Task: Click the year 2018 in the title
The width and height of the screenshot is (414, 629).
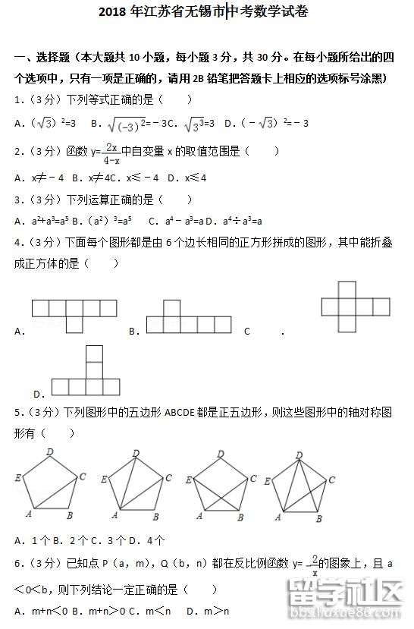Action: point(114,13)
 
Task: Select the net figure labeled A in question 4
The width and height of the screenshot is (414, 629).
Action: point(74,312)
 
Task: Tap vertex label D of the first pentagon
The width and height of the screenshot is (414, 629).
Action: point(49,451)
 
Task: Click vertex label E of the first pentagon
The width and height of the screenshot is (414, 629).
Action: point(17,477)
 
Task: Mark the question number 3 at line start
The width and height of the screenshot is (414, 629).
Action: point(17,200)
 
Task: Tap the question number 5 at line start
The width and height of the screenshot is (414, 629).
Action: point(17,413)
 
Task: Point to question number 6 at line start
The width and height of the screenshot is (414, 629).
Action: point(17,564)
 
